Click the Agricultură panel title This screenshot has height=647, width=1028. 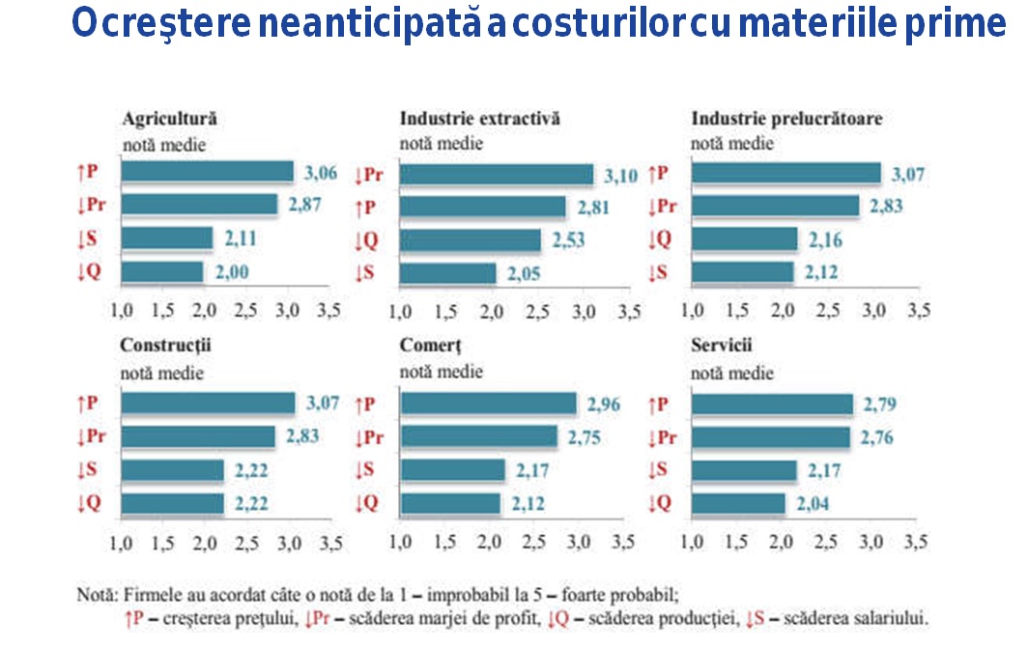[x=169, y=119]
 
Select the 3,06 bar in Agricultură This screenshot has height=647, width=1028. [x=208, y=173]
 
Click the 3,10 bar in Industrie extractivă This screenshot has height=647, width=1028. [x=497, y=175]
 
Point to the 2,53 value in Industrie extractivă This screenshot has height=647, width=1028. [x=569, y=240]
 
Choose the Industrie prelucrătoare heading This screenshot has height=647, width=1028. [x=786, y=119]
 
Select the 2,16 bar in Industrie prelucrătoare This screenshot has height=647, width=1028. [x=745, y=239]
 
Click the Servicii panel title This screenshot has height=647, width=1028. [x=722, y=345]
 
